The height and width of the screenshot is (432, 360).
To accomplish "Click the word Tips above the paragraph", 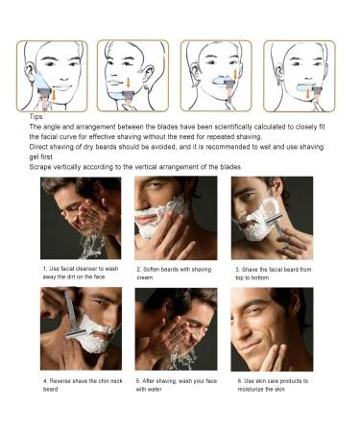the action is (x=36, y=117).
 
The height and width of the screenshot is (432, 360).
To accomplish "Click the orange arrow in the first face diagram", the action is (x=54, y=95).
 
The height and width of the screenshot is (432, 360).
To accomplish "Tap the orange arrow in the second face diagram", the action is (x=129, y=83).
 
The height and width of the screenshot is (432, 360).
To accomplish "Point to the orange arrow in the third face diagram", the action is (x=235, y=75).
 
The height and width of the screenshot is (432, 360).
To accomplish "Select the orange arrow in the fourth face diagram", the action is (x=308, y=94).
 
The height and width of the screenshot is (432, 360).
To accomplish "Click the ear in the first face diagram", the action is (x=30, y=72).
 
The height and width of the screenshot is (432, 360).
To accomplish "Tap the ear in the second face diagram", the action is (x=149, y=74).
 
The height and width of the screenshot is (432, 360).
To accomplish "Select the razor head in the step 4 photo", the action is (x=76, y=334).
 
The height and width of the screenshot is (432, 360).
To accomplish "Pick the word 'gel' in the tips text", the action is (x=34, y=157).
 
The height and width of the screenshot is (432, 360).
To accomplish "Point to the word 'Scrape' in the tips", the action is (x=40, y=167).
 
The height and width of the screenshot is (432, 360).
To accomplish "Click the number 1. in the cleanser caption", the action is (x=45, y=269).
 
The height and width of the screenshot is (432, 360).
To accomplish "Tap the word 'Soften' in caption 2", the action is (x=151, y=270).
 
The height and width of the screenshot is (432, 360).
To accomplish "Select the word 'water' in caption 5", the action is (x=155, y=390).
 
